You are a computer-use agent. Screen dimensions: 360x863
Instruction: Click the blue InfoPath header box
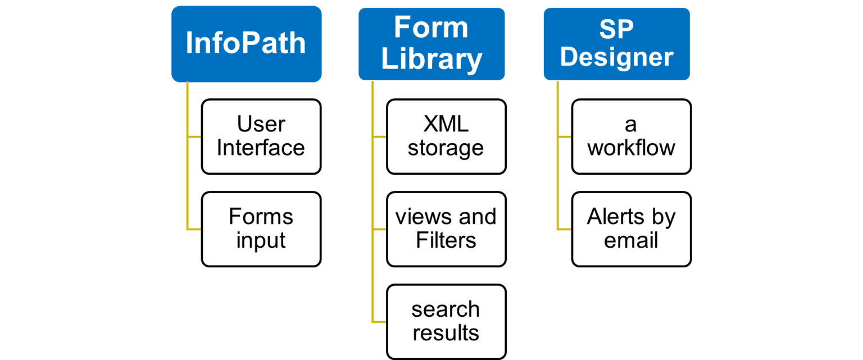pos(246,44)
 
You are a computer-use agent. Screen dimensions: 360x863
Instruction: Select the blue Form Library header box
pos(431,44)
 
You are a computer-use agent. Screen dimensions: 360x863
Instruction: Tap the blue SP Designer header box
pos(616,44)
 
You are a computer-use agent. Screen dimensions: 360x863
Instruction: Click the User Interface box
pos(261,136)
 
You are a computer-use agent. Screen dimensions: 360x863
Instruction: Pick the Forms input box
pos(261,229)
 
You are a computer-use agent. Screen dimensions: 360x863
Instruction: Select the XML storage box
pos(446,136)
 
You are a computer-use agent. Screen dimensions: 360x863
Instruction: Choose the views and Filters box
pos(446,229)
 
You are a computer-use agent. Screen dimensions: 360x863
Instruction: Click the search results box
pos(446,321)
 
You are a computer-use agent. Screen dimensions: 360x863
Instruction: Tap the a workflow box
pos(631,136)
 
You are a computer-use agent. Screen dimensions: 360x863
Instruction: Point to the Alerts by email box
pos(631,229)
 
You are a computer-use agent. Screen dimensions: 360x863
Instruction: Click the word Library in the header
pos(431,59)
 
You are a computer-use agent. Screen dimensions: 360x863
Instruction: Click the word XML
pos(446,124)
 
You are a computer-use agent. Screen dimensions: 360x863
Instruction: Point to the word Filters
pos(446,240)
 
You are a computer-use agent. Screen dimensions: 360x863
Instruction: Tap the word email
pos(631,240)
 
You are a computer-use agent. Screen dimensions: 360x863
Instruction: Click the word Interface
pos(261,148)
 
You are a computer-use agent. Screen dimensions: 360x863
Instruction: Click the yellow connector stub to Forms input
pos(195,229)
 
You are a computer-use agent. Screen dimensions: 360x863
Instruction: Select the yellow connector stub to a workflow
pos(565,136)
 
